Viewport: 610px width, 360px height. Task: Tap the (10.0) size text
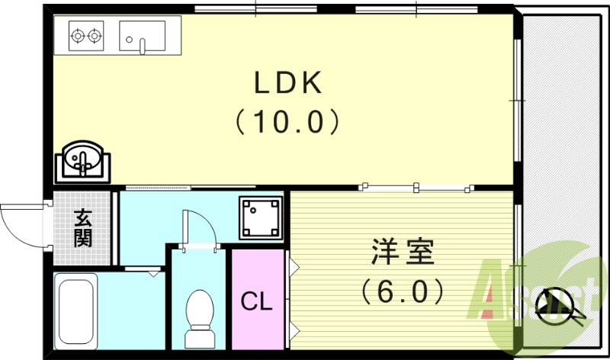pyautogui.click(x=285, y=121)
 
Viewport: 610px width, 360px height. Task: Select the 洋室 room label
pyautogui.click(x=403, y=252)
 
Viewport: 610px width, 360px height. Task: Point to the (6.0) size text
pyautogui.click(x=402, y=290)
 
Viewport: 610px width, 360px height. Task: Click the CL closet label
pyautogui.click(x=256, y=302)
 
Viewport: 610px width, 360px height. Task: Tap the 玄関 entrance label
pyautogui.click(x=83, y=227)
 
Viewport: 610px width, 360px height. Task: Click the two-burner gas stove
pyautogui.click(x=85, y=35)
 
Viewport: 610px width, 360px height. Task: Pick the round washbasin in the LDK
pyautogui.click(x=82, y=159)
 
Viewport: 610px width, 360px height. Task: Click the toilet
pyautogui.click(x=200, y=317)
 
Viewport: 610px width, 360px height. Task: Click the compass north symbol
pyautogui.click(x=554, y=304)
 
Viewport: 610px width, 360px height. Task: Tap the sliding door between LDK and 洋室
pyautogui.click(x=416, y=186)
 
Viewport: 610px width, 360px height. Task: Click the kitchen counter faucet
pyautogui.click(x=142, y=46)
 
